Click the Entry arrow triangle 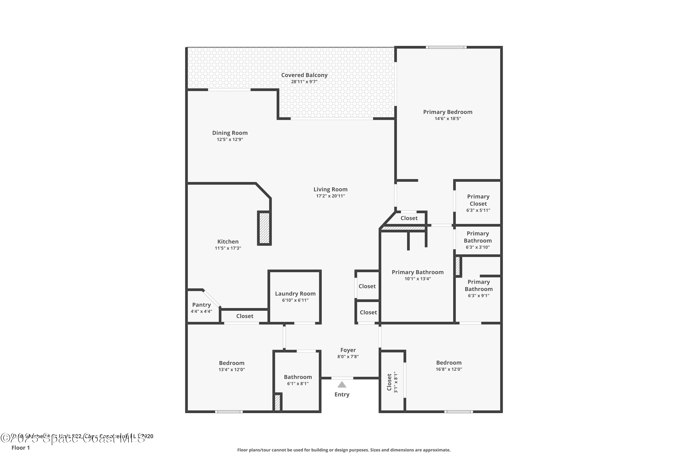pos(342,385)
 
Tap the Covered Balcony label pos(304,75)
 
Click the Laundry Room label pos(295,294)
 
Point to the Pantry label pos(201,305)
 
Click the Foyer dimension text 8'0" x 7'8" pos(348,357)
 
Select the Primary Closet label pos(478,200)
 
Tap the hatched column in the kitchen pos(264,228)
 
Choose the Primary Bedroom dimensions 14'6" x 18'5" pos(448,119)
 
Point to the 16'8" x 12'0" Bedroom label pos(449,363)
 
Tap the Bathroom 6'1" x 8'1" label pos(298,377)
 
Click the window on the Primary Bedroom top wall pos(446,47)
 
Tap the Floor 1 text pos(20,448)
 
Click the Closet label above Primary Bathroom pos(409,218)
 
